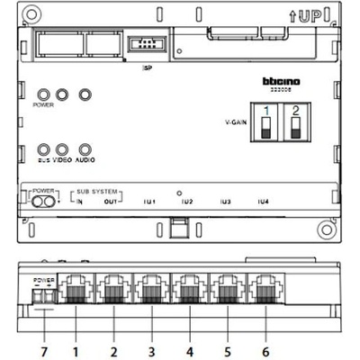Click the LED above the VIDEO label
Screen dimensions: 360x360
click(x=62, y=149)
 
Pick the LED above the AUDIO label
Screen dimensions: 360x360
click(x=85, y=149)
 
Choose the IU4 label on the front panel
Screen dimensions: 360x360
click(x=262, y=202)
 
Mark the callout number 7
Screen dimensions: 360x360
click(x=42, y=346)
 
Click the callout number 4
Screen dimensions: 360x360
click(x=189, y=346)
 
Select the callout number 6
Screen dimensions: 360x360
click(x=265, y=346)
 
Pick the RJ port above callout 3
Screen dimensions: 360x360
click(x=151, y=290)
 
